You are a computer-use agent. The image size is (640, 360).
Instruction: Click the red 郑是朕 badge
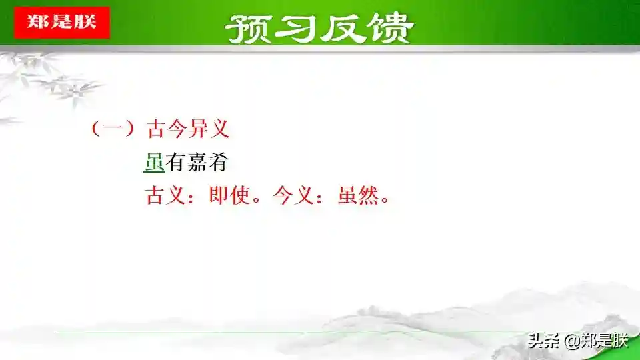(62, 23)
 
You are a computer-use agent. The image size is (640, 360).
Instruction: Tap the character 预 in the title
(249, 29)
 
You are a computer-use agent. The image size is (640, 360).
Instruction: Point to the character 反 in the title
(342, 29)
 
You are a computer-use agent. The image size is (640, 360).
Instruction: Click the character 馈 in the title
(390, 29)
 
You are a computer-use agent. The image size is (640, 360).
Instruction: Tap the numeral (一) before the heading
(113, 129)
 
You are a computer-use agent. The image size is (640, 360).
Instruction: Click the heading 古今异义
(188, 129)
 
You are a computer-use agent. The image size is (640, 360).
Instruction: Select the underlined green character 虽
(154, 163)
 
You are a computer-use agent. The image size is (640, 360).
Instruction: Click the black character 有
(175, 163)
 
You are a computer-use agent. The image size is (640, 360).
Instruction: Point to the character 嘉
(197, 163)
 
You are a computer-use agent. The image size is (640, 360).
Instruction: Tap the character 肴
(218, 163)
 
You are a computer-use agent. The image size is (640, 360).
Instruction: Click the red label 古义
(166, 195)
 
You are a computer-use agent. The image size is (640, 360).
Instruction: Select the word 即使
(229, 195)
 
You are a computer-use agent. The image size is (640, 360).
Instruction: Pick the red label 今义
(293, 195)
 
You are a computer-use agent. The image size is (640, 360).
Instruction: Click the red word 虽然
(359, 195)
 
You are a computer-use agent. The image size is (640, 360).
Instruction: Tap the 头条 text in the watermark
(544, 341)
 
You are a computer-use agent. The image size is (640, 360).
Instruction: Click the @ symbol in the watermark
(572, 341)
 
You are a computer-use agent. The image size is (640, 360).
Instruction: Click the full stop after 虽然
(385, 201)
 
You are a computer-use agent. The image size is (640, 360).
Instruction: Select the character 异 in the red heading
(199, 129)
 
